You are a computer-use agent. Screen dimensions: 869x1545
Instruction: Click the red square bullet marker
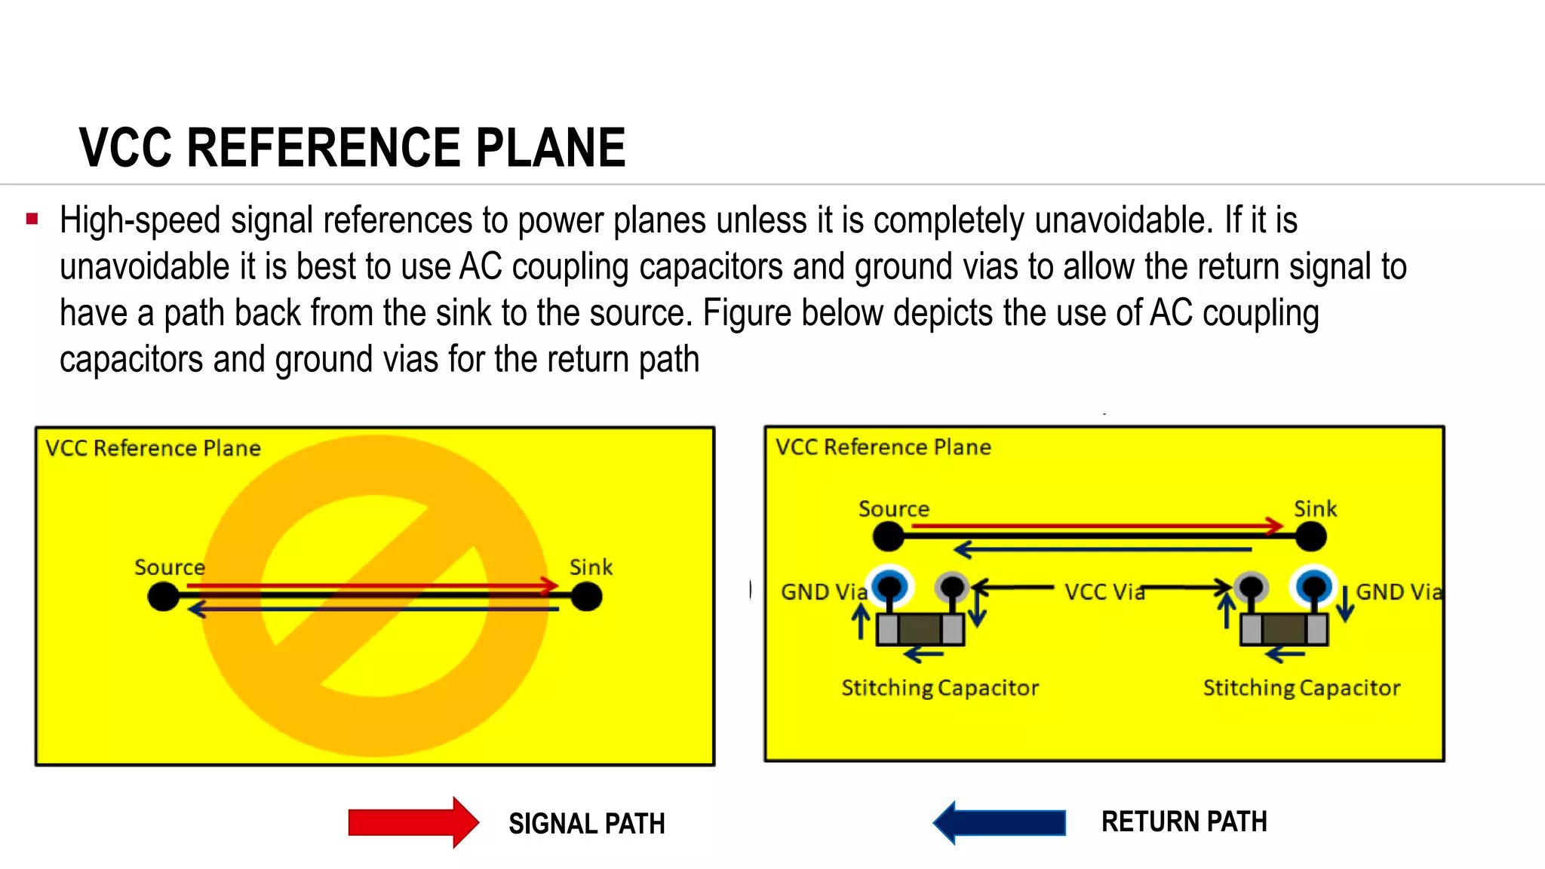coord(32,220)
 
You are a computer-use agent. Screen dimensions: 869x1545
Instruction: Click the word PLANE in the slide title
coord(550,147)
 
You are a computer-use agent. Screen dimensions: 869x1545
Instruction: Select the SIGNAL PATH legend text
coord(586,824)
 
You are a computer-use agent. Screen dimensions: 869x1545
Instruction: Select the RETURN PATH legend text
coord(1184,821)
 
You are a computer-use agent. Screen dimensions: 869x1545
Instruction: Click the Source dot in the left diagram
coord(164,597)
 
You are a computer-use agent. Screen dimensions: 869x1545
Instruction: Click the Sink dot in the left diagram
coord(586,597)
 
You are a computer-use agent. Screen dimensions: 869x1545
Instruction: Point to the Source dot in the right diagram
coord(888,536)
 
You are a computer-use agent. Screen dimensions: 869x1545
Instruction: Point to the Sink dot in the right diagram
coord(1311,536)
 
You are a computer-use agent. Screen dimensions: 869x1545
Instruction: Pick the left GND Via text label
coord(824,592)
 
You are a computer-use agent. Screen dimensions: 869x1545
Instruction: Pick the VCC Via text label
coord(1104,592)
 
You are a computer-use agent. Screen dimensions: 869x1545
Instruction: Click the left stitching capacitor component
coord(920,629)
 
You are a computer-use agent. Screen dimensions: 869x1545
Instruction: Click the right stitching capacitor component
coord(1284,629)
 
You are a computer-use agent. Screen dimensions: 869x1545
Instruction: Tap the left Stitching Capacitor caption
coord(940,688)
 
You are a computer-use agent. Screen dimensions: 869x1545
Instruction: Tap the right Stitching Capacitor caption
coord(1301,688)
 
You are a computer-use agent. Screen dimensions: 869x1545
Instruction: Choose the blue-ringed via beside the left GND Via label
coord(891,585)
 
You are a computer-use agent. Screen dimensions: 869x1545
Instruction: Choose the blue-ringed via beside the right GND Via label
coord(1314,585)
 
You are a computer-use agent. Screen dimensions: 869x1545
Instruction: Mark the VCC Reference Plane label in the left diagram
coord(153,448)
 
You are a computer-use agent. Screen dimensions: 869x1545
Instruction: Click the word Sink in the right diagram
coord(1315,509)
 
